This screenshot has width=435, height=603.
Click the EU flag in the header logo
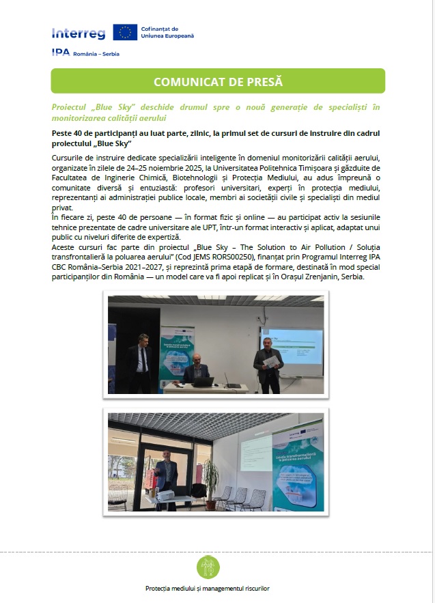click(x=125, y=32)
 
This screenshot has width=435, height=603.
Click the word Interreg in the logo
click(x=78, y=33)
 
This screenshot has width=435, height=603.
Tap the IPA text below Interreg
click(x=61, y=53)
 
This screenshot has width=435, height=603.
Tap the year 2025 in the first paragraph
click(x=189, y=167)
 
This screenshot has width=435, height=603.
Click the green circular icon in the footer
click(x=208, y=567)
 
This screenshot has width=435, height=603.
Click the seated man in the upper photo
click(x=197, y=369)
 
